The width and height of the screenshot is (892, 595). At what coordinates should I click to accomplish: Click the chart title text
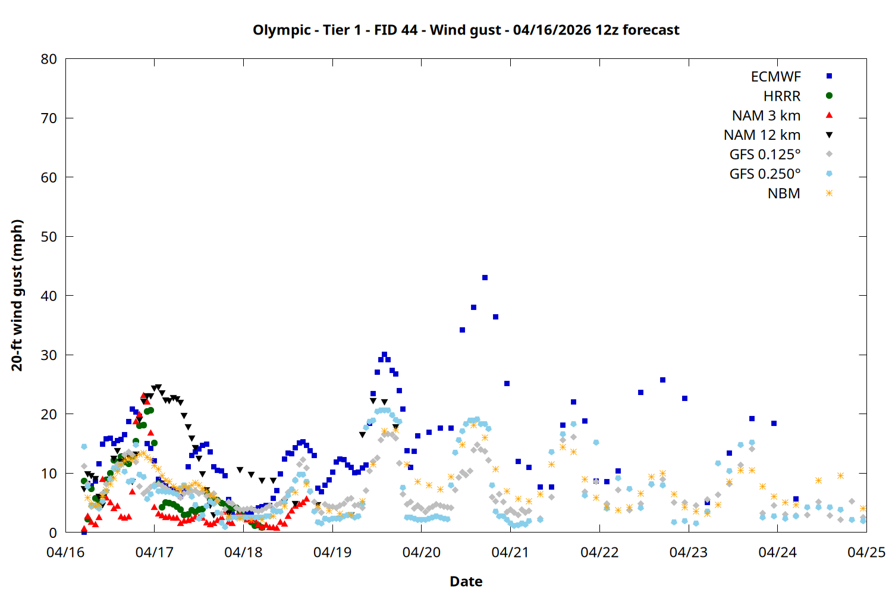click(x=466, y=30)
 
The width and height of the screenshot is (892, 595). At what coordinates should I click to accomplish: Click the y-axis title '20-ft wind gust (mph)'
click(x=17, y=295)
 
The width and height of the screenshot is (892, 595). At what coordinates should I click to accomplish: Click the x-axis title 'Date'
click(x=466, y=581)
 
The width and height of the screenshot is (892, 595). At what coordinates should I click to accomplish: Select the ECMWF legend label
click(x=775, y=77)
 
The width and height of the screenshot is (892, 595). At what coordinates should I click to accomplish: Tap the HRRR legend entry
click(x=782, y=96)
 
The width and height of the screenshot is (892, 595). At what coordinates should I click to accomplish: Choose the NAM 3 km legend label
click(x=766, y=115)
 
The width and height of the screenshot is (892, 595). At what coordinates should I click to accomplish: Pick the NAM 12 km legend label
click(x=762, y=135)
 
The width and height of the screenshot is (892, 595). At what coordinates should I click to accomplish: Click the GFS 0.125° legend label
click(x=765, y=155)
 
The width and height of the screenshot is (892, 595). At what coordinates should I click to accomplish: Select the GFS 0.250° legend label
click(x=765, y=174)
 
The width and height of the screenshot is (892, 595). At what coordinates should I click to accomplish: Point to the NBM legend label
click(x=784, y=193)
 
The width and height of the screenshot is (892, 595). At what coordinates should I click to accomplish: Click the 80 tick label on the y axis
click(x=49, y=59)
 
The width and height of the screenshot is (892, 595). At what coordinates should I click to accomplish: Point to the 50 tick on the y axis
click(x=49, y=236)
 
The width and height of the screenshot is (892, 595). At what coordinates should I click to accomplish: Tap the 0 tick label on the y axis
click(x=53, y=533)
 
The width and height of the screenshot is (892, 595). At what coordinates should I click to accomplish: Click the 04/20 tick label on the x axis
click(x=421, y=552)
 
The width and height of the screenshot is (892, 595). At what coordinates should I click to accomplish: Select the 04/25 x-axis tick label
click(x=866, y=552)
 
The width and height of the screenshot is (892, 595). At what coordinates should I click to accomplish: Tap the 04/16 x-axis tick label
click(x=65, y=552)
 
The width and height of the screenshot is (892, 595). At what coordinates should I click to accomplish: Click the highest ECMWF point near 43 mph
click(x=485, y=278)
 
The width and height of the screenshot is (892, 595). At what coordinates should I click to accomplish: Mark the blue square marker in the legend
click(x=829, y=76)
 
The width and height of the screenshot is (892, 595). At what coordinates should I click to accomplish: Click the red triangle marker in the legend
click(x=829, y=115)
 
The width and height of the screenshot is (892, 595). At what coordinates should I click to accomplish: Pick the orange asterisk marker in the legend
click(x=829, y=193)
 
